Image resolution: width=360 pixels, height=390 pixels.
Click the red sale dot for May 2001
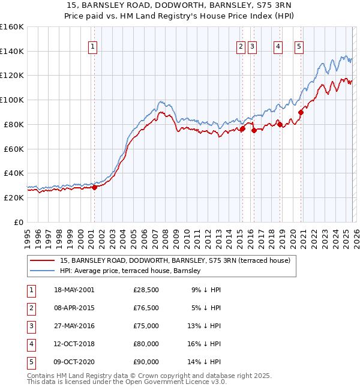pos(94,187)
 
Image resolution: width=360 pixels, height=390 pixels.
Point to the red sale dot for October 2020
pos(301,112)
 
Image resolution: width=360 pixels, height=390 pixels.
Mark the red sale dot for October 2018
pos(280,124)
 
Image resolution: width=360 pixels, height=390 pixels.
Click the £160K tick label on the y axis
pos(11,27)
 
